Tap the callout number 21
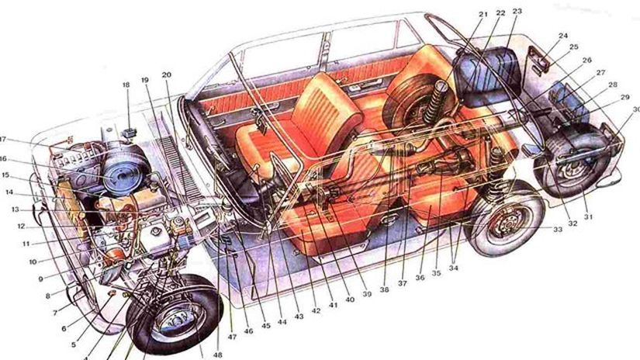coord(482,14)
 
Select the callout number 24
coord(562,36)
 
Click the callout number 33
coord(558,229)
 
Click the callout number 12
coord(22,227)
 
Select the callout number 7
coord(55,312)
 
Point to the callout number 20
coord(166,75)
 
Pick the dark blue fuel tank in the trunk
coord(489,74)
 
